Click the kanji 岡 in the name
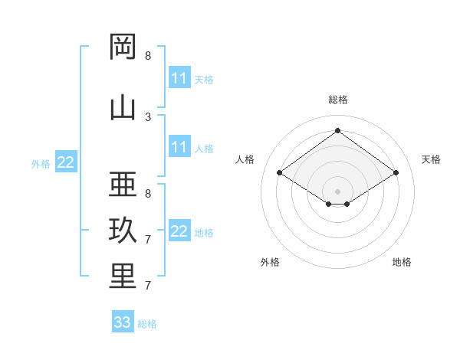123,46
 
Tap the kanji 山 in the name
123,108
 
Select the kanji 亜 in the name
123,184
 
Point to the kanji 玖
123,230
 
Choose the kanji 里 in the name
123,276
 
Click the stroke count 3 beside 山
148,117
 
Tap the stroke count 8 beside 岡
148,56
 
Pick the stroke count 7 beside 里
148,286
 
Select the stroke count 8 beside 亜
148,194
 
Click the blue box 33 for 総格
123,321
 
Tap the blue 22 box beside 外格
66,162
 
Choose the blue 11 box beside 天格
179,77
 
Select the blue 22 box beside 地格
179,230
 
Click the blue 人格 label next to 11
204,149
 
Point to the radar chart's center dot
337,191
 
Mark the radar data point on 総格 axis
337,130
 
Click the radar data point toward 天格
396,172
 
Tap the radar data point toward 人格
279,172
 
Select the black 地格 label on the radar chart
402,262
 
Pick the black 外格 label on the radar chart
270,262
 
